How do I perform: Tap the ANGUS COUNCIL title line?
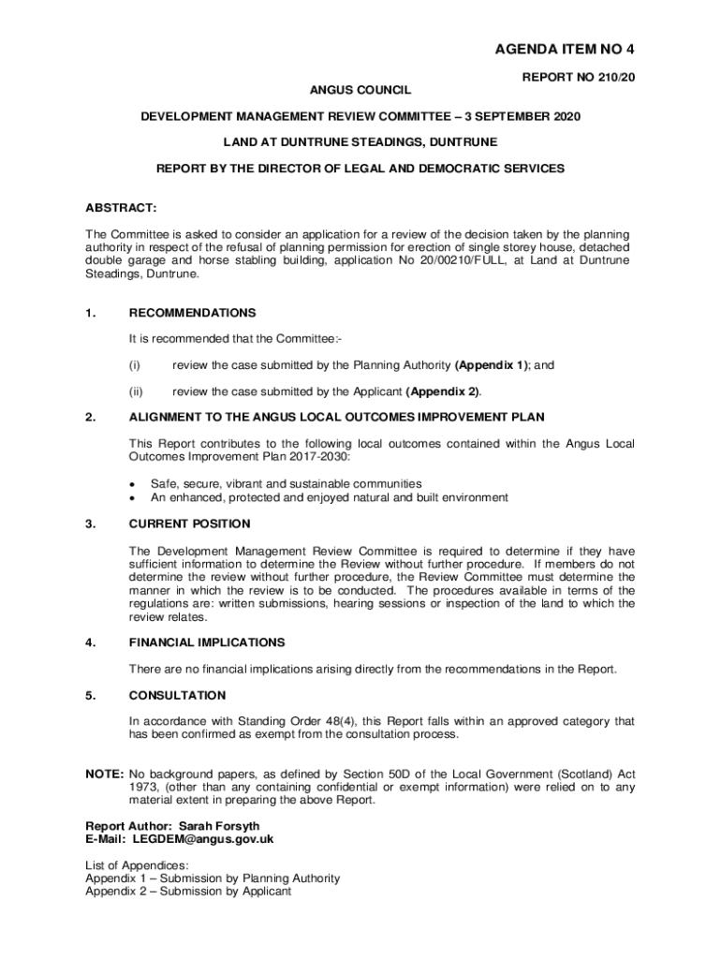coord(360,91)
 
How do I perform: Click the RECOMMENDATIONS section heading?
coord(192,313)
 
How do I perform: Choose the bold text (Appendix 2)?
coord(444,391)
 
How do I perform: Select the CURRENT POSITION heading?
coord(190,524)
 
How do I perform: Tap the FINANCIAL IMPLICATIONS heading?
coord(207,642)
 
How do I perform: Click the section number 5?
coord(90,695)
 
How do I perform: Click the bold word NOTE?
coord(104,775)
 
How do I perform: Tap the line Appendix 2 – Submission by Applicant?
coord(188,892)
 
